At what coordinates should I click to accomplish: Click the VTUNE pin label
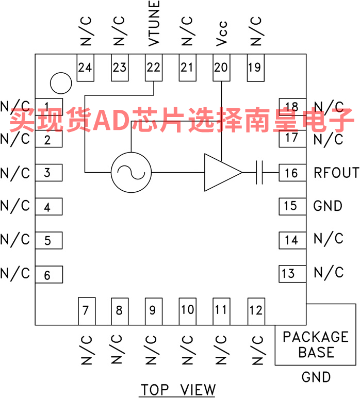pos(154,23)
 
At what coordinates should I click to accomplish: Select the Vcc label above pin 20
pos(222,34)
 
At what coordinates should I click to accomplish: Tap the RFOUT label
pos(336,173)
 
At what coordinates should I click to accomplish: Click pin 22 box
pos(154,68)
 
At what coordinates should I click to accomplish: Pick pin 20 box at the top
pos(221,68)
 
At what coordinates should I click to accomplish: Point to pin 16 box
pos(292,173)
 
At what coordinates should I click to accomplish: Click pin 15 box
pos(292,207)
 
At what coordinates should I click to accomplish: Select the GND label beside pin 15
pos(328,206)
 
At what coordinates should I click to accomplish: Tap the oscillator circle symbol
pos(131,172)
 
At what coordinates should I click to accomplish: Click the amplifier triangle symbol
pos(223,172)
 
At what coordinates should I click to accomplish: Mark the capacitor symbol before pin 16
pos(259,172)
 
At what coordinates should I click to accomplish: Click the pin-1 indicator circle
pos(61,83)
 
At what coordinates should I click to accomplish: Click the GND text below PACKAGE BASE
pos(316,377)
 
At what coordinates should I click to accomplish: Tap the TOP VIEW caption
pos(178,390)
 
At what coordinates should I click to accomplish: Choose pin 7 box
pos(87,311)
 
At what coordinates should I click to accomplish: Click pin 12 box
pos(256,311)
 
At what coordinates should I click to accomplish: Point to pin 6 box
pos(49,275)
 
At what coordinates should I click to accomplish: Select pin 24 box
pos(86,68)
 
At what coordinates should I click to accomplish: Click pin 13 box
pos(292,274)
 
